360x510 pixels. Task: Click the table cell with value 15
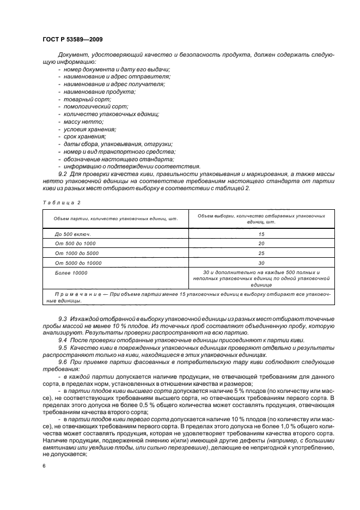click(261, 233)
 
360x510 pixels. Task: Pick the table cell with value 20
click(261, 243)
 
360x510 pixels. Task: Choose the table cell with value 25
click(261, 253)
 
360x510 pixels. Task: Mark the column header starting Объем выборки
click(261, 219)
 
